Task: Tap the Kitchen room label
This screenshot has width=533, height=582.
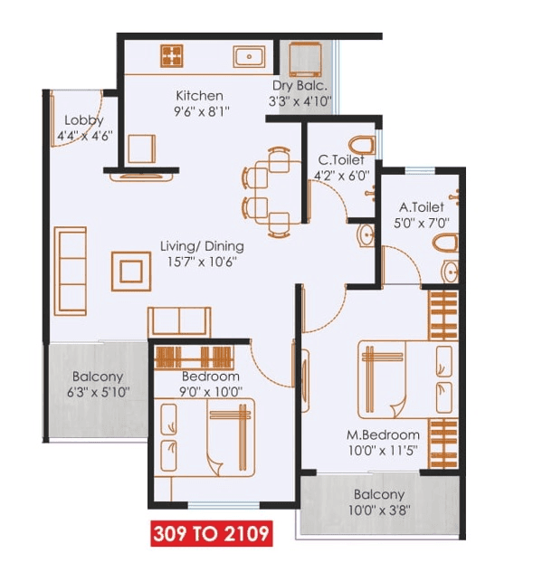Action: [199, 96]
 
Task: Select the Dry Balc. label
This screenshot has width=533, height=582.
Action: [300, 86]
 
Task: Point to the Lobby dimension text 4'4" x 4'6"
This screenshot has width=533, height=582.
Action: [83, 138]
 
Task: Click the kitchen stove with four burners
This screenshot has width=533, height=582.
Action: [172, 56]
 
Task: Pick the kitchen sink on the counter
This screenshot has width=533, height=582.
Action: [248, 57]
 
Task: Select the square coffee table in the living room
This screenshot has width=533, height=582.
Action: [132, 270]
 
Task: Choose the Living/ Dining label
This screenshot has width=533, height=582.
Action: [202, 245]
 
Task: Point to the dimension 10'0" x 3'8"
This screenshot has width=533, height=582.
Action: [379, 510]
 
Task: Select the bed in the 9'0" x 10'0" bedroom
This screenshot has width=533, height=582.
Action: [227, 437]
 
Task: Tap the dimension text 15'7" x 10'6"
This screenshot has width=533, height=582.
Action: [201, 262]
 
